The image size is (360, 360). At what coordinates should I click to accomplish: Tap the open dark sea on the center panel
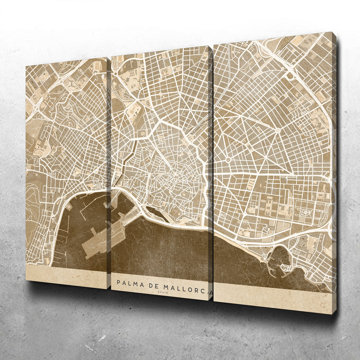click(162, 249)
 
